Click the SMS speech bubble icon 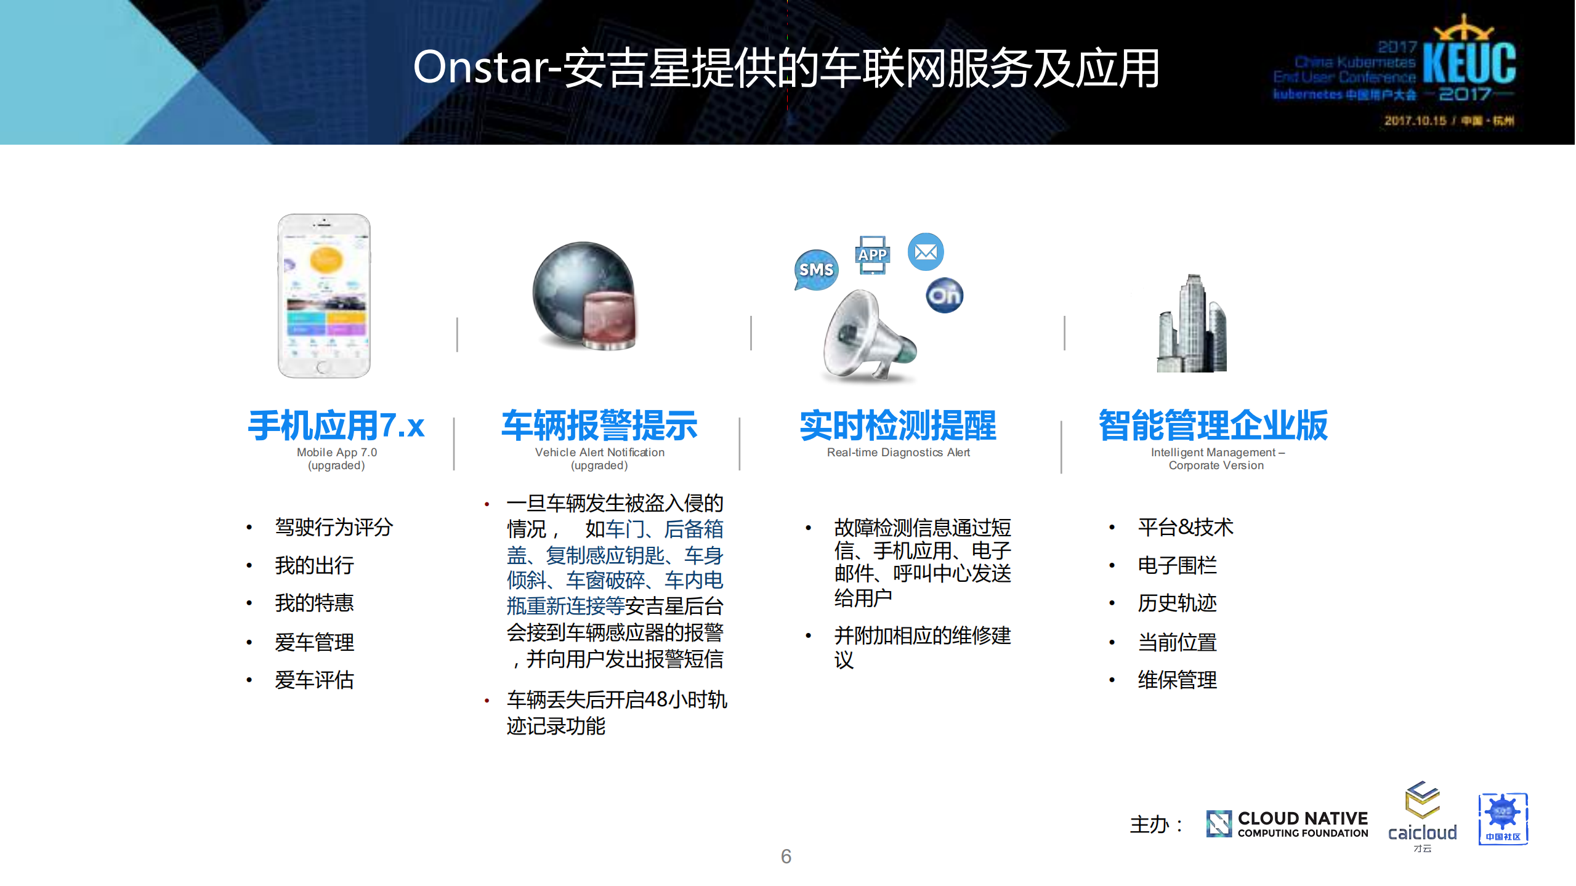(816, 270)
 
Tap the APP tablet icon (872, 255)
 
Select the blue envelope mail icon (926, 252)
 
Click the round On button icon (944, 296)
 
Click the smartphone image (324, 296)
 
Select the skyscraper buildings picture (1192, 324)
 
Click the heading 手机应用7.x (336, 425)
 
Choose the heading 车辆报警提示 (599, 425)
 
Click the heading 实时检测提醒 (897, 425)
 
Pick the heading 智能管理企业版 (1213, 425)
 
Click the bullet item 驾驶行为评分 (334, 528)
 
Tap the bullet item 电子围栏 (1177, 565)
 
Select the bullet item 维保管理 (1177, 680)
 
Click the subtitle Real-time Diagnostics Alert (898, 453)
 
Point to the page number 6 (786, 856)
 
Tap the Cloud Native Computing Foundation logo (1287, 824)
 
